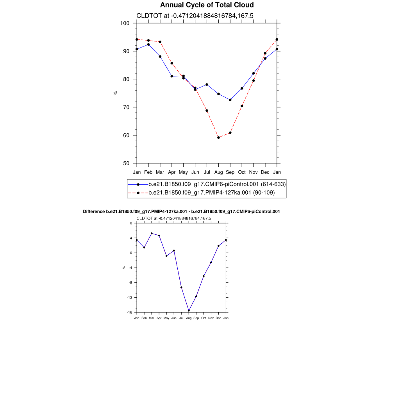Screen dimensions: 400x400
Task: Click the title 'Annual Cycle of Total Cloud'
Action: [x=207, y=5]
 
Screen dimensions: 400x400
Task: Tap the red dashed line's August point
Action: [x=218, y=137]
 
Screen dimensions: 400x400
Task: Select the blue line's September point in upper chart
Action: [x=230, y=100]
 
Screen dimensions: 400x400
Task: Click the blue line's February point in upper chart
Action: [x=148, y=45]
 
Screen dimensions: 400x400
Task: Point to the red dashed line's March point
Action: [x=160, y=42]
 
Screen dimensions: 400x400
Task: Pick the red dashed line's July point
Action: [x=207, y=111]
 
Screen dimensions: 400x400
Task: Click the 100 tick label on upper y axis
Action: [x=125, y=23]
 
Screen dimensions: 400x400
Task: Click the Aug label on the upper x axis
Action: [x=218, y=172]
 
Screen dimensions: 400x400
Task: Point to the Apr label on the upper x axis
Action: [x=171, y=172]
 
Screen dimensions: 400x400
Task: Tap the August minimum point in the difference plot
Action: [x=189, y=311]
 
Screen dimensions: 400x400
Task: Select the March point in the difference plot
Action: [x=152, y=233]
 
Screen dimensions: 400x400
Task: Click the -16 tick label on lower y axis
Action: [x=130, y=312]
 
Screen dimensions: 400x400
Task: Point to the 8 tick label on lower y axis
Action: [x=131, y=223]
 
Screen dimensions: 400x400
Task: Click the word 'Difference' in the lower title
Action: [x=94, y=211]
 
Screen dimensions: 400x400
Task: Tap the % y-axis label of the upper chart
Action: [x=115, y=93]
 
